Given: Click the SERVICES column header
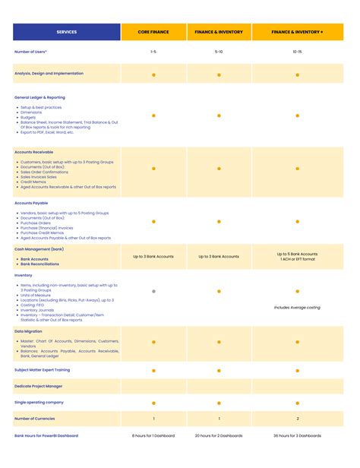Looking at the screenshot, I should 66,33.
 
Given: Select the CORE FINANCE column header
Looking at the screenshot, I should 153,33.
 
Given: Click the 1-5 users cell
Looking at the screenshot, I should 153,52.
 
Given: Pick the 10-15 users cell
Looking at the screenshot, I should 297,52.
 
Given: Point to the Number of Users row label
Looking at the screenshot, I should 30,52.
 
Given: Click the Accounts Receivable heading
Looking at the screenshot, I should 33,151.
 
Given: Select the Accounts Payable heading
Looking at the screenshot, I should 31,203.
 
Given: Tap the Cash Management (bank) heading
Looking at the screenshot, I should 39,248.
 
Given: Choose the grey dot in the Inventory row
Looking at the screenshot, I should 153,291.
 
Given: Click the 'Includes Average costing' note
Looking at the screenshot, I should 297,308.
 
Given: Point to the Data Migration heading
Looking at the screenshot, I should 29,331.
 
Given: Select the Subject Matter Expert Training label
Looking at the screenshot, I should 42,370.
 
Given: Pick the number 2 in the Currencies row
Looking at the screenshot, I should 297,419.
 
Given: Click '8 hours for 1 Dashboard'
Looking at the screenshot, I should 153,435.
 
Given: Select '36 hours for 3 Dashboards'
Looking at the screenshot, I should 297,435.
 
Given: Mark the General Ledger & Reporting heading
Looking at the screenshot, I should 39,97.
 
